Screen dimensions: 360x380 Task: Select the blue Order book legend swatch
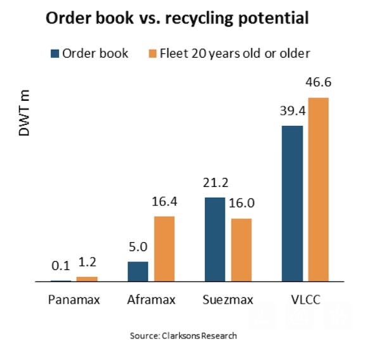[53, 53]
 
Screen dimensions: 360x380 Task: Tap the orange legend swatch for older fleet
[152, 53]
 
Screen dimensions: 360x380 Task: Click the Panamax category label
[74, 299]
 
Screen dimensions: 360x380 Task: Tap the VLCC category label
[304, 299]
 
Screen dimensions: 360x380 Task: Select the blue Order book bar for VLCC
[292, 203]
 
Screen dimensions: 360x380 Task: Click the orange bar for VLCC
[318, 190]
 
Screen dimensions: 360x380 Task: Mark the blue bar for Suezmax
[215, 240]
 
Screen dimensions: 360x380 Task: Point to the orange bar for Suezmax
[241, 250]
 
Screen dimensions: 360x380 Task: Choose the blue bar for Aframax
[137, 271]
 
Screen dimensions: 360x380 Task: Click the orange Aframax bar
[164, 248]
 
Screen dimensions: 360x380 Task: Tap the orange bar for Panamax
[87, 279]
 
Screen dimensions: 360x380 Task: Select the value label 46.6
[319, 82]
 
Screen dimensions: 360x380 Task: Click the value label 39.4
[291, 111]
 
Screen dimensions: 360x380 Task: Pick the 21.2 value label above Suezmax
[215, 183]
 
